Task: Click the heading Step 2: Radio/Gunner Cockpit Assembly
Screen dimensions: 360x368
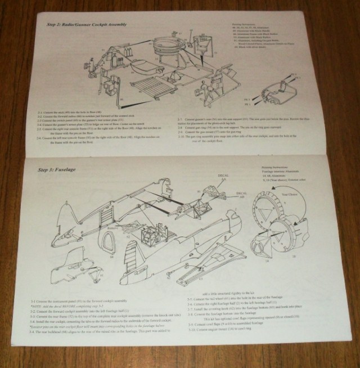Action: [86, 25]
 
